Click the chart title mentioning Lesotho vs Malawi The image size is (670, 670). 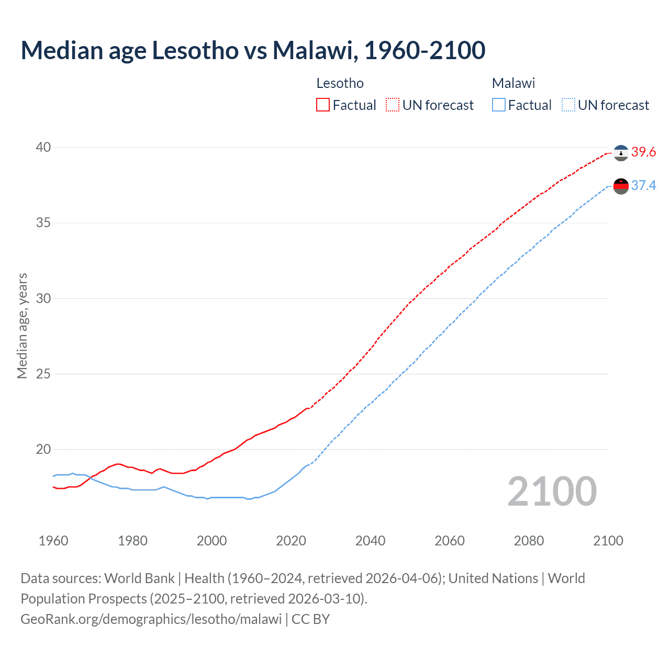[253, 50]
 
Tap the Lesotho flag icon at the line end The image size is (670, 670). [621, 153]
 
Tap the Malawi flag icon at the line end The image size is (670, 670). [621, 186]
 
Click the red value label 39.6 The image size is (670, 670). [643, 152]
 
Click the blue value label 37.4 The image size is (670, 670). [643, 186]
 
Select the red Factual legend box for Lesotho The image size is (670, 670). [323, 105]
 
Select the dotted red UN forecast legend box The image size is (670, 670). [393, 105]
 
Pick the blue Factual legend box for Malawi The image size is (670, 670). [499, 105]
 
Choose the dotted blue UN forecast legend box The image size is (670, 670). [568, 105]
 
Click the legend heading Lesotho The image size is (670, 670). [340, 83]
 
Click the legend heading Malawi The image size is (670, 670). [513, 83]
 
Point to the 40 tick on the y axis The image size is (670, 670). [43, 148]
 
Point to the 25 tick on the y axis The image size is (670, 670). [43, 374]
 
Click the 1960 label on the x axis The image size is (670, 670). [53, 541]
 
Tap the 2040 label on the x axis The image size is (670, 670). [370, 541]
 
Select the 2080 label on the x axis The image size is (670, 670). [529, 541]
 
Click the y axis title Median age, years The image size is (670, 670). [22, 326]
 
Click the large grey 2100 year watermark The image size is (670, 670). [552, 491]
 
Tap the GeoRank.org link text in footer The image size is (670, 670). [151, 619]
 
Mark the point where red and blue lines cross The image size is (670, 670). [90, 478]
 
